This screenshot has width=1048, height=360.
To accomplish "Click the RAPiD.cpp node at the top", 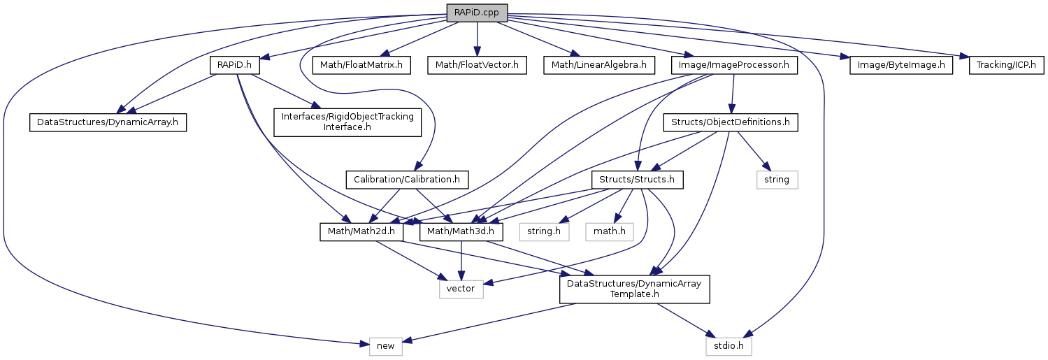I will click(476, 12).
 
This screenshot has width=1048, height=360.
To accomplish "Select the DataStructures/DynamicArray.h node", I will click(108, 122).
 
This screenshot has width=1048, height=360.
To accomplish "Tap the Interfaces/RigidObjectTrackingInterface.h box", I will click(347, 122).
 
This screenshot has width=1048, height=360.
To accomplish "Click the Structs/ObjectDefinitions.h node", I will click(730, 122).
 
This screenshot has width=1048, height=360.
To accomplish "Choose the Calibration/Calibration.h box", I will click(406, 180).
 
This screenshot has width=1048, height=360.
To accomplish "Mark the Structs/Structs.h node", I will click(637, 180).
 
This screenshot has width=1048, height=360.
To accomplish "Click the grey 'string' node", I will click(777, 180).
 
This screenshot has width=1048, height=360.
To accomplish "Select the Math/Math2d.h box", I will click(361, 231).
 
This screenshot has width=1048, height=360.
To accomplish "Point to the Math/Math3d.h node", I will click(461, 231).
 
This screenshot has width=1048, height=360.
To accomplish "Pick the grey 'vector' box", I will click(461, 288).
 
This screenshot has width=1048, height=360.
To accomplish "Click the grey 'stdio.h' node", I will click(728, 345).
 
